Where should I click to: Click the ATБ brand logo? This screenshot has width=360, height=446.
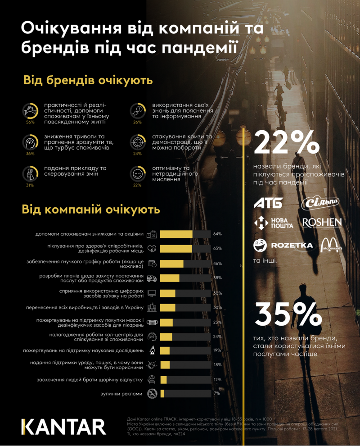coord(269,203)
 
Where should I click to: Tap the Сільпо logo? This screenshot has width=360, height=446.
coord(320,203)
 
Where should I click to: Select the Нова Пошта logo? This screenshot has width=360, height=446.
coord(273,223)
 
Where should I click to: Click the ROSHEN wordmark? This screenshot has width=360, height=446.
coord(322,223)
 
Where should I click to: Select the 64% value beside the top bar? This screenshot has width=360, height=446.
coord(218,234)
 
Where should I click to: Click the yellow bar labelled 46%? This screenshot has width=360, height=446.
coord(172,264)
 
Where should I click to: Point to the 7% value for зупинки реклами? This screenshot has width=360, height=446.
coord(216,393)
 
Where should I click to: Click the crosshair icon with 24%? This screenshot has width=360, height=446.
coord(137,141)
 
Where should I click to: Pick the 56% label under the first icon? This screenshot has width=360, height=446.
coord(30,122)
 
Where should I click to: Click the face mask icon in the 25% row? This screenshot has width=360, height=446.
coord(153,322)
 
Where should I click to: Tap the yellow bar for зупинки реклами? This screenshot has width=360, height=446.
coord(162,393)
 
